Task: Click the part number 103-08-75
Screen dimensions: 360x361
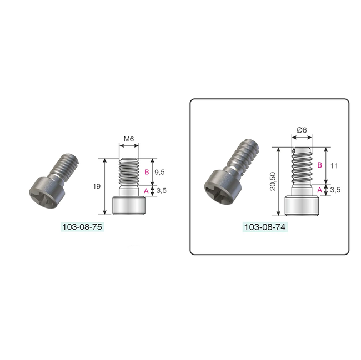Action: click(83, 227)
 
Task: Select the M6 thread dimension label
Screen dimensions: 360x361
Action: click(129, 139)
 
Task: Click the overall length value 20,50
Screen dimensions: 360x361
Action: click(272, 181)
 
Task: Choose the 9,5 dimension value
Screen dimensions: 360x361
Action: click(161, 171)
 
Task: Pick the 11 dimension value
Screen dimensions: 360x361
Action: click(335, 165)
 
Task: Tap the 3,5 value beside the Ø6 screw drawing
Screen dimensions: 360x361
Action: click(335, 190)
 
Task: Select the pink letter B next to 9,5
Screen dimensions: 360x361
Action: click(146, 171)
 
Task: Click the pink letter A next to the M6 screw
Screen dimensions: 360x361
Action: click(146, 190)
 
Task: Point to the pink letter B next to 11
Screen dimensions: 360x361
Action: click(319, 165)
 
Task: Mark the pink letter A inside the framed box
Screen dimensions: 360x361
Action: click(319, 190)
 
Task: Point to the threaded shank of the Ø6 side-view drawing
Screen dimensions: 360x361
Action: click(303, 166)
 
